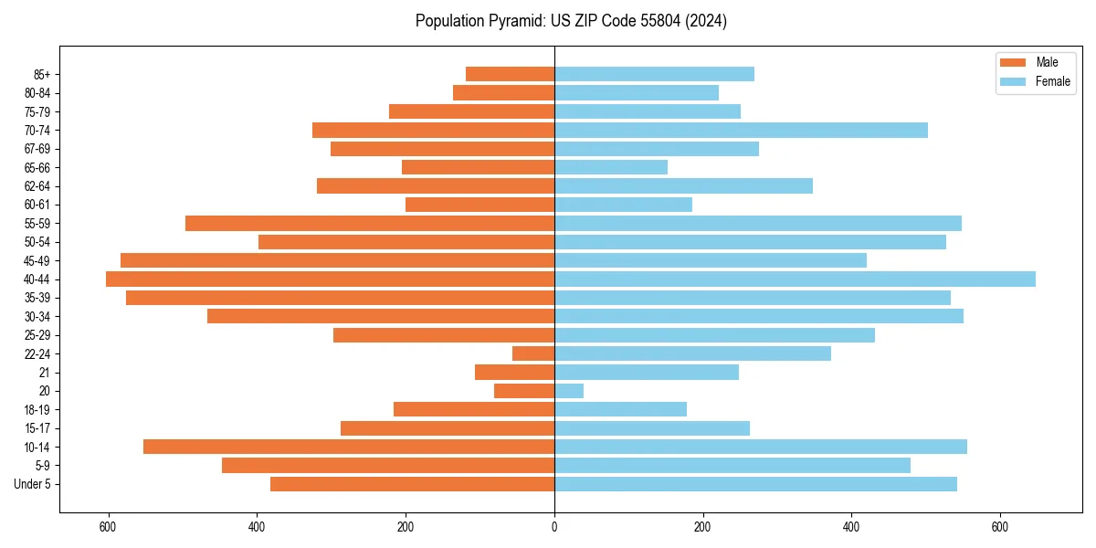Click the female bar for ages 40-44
click(795, 279)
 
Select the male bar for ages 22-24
click(533, 353)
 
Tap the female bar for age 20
click(569, 391)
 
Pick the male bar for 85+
click(510, 74)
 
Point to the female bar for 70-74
click(741, 130)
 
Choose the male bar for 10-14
click(349, 447)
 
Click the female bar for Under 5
click(755, 484)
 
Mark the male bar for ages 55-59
click(370, 223)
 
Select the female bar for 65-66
click(611, 167)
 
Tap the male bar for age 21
click(514, 373)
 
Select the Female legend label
click(1052, 81)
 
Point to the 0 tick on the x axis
click(554, 527)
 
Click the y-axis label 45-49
click(37, 260)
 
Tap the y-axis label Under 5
click(33, 484)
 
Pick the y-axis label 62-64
click(37, 186)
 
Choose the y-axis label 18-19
click(37, 410)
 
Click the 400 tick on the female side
click(851, 527)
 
